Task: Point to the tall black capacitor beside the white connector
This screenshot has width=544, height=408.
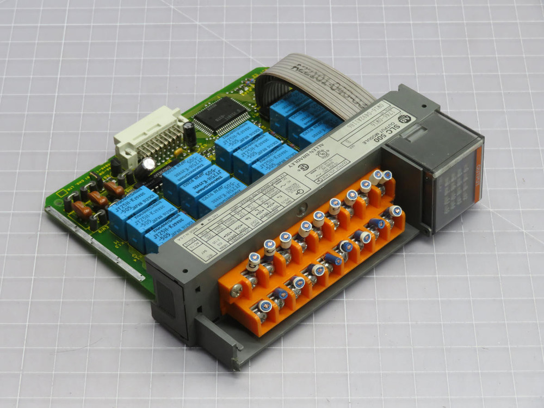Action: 189,133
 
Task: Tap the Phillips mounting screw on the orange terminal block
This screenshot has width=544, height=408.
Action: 237,291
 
